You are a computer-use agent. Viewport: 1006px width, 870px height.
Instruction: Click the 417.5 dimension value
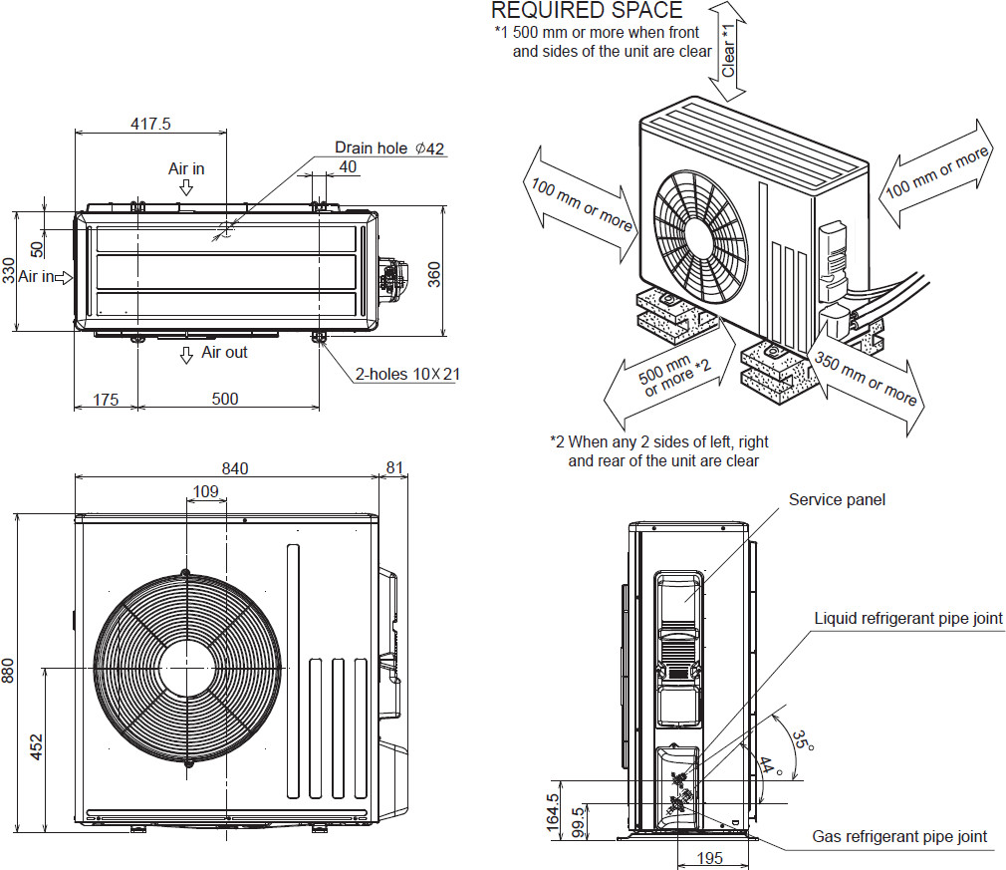(151, 125)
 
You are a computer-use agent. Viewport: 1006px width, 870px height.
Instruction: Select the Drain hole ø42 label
(389, 148)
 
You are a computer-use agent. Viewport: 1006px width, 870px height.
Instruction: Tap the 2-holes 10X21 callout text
(407, 375)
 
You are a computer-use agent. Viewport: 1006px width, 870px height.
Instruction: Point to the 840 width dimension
(235, 468)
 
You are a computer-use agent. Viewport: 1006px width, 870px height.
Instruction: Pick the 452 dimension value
(36, 747)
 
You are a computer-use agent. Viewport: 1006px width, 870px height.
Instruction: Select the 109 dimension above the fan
(205, 491)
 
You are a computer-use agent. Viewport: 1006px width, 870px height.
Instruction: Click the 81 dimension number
(393, 468)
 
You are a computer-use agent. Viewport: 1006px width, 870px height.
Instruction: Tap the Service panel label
(837, 499)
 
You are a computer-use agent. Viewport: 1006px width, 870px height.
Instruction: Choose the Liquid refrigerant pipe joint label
(907, 619)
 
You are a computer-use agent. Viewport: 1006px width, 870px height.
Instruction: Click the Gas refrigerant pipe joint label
(899, 836)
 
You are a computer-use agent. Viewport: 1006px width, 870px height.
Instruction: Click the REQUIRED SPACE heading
(587, 11)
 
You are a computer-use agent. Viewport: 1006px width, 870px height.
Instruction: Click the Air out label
(224, 353)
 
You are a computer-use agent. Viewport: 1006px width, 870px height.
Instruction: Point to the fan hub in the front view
(186, 667)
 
